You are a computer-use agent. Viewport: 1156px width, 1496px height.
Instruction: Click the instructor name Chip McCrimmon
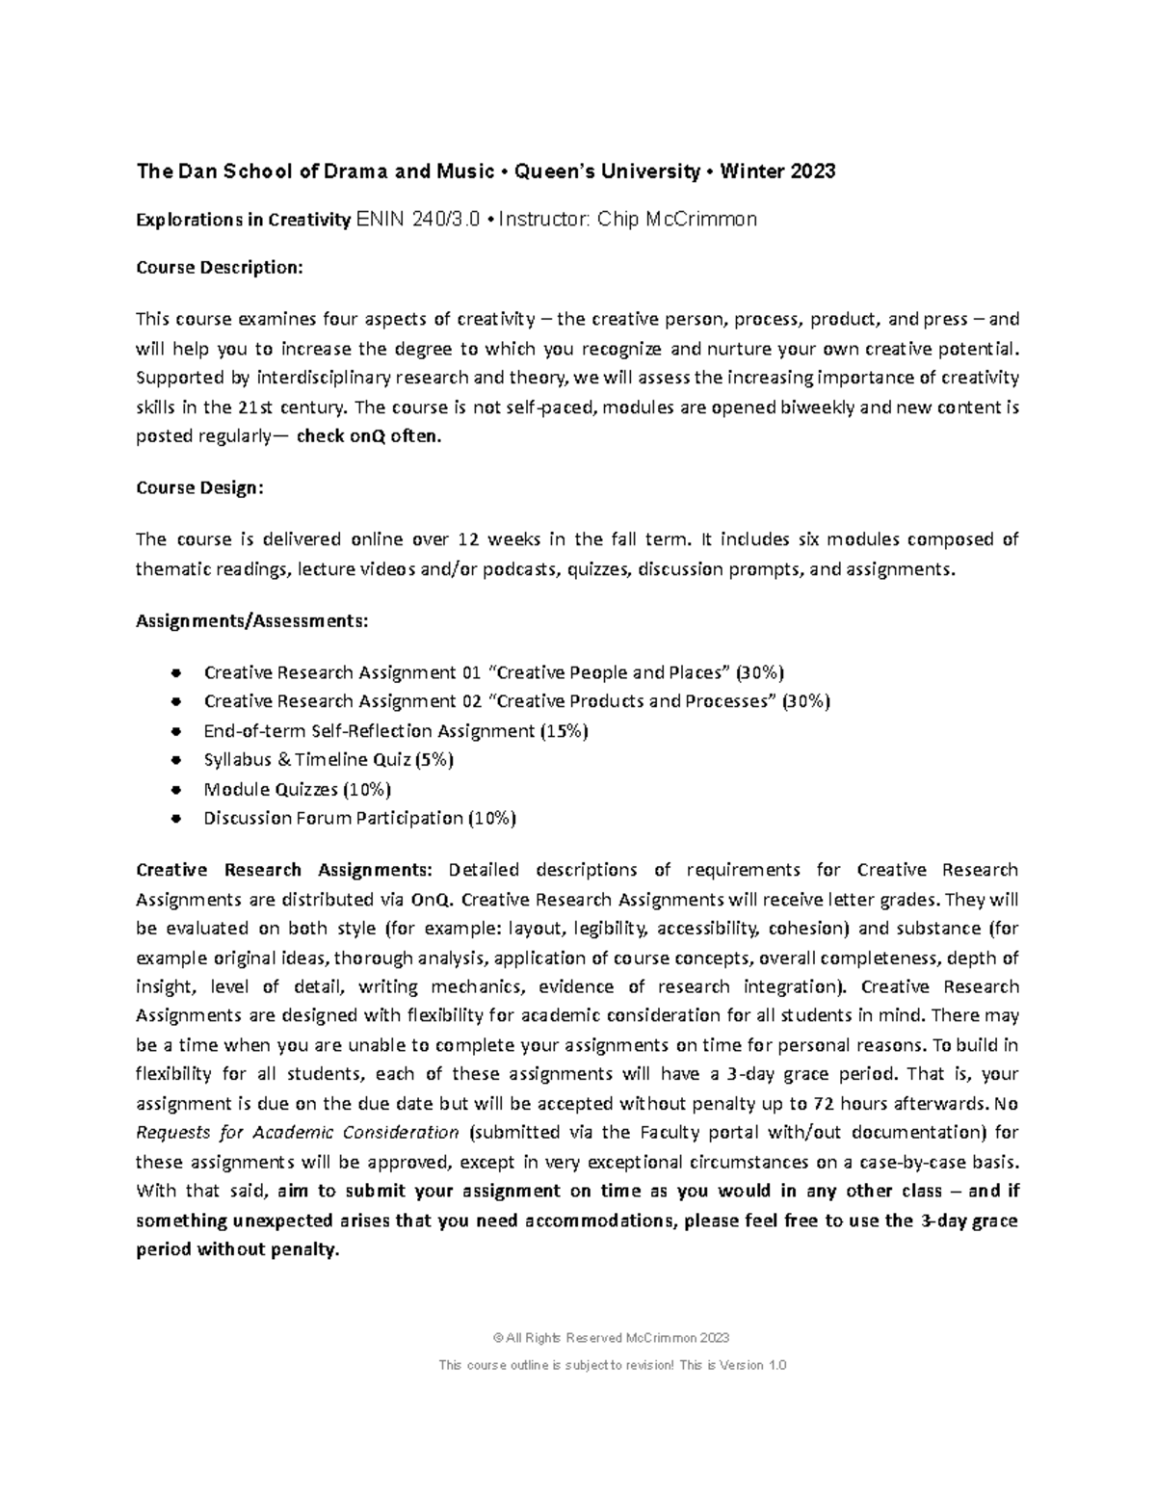[x=677, y=220]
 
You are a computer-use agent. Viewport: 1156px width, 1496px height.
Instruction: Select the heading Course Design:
[x=198, y=487]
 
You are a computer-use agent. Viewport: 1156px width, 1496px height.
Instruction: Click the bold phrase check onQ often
[x=369, y=436]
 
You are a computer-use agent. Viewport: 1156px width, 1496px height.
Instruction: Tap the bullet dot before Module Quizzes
[x=174, y=790]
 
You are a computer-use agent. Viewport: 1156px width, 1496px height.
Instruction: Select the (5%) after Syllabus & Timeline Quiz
[x=433, y=760]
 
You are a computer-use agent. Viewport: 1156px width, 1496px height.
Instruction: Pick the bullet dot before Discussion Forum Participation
[x=174, y=819]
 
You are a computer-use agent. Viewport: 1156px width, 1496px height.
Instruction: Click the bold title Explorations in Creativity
[x=243, y=220]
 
